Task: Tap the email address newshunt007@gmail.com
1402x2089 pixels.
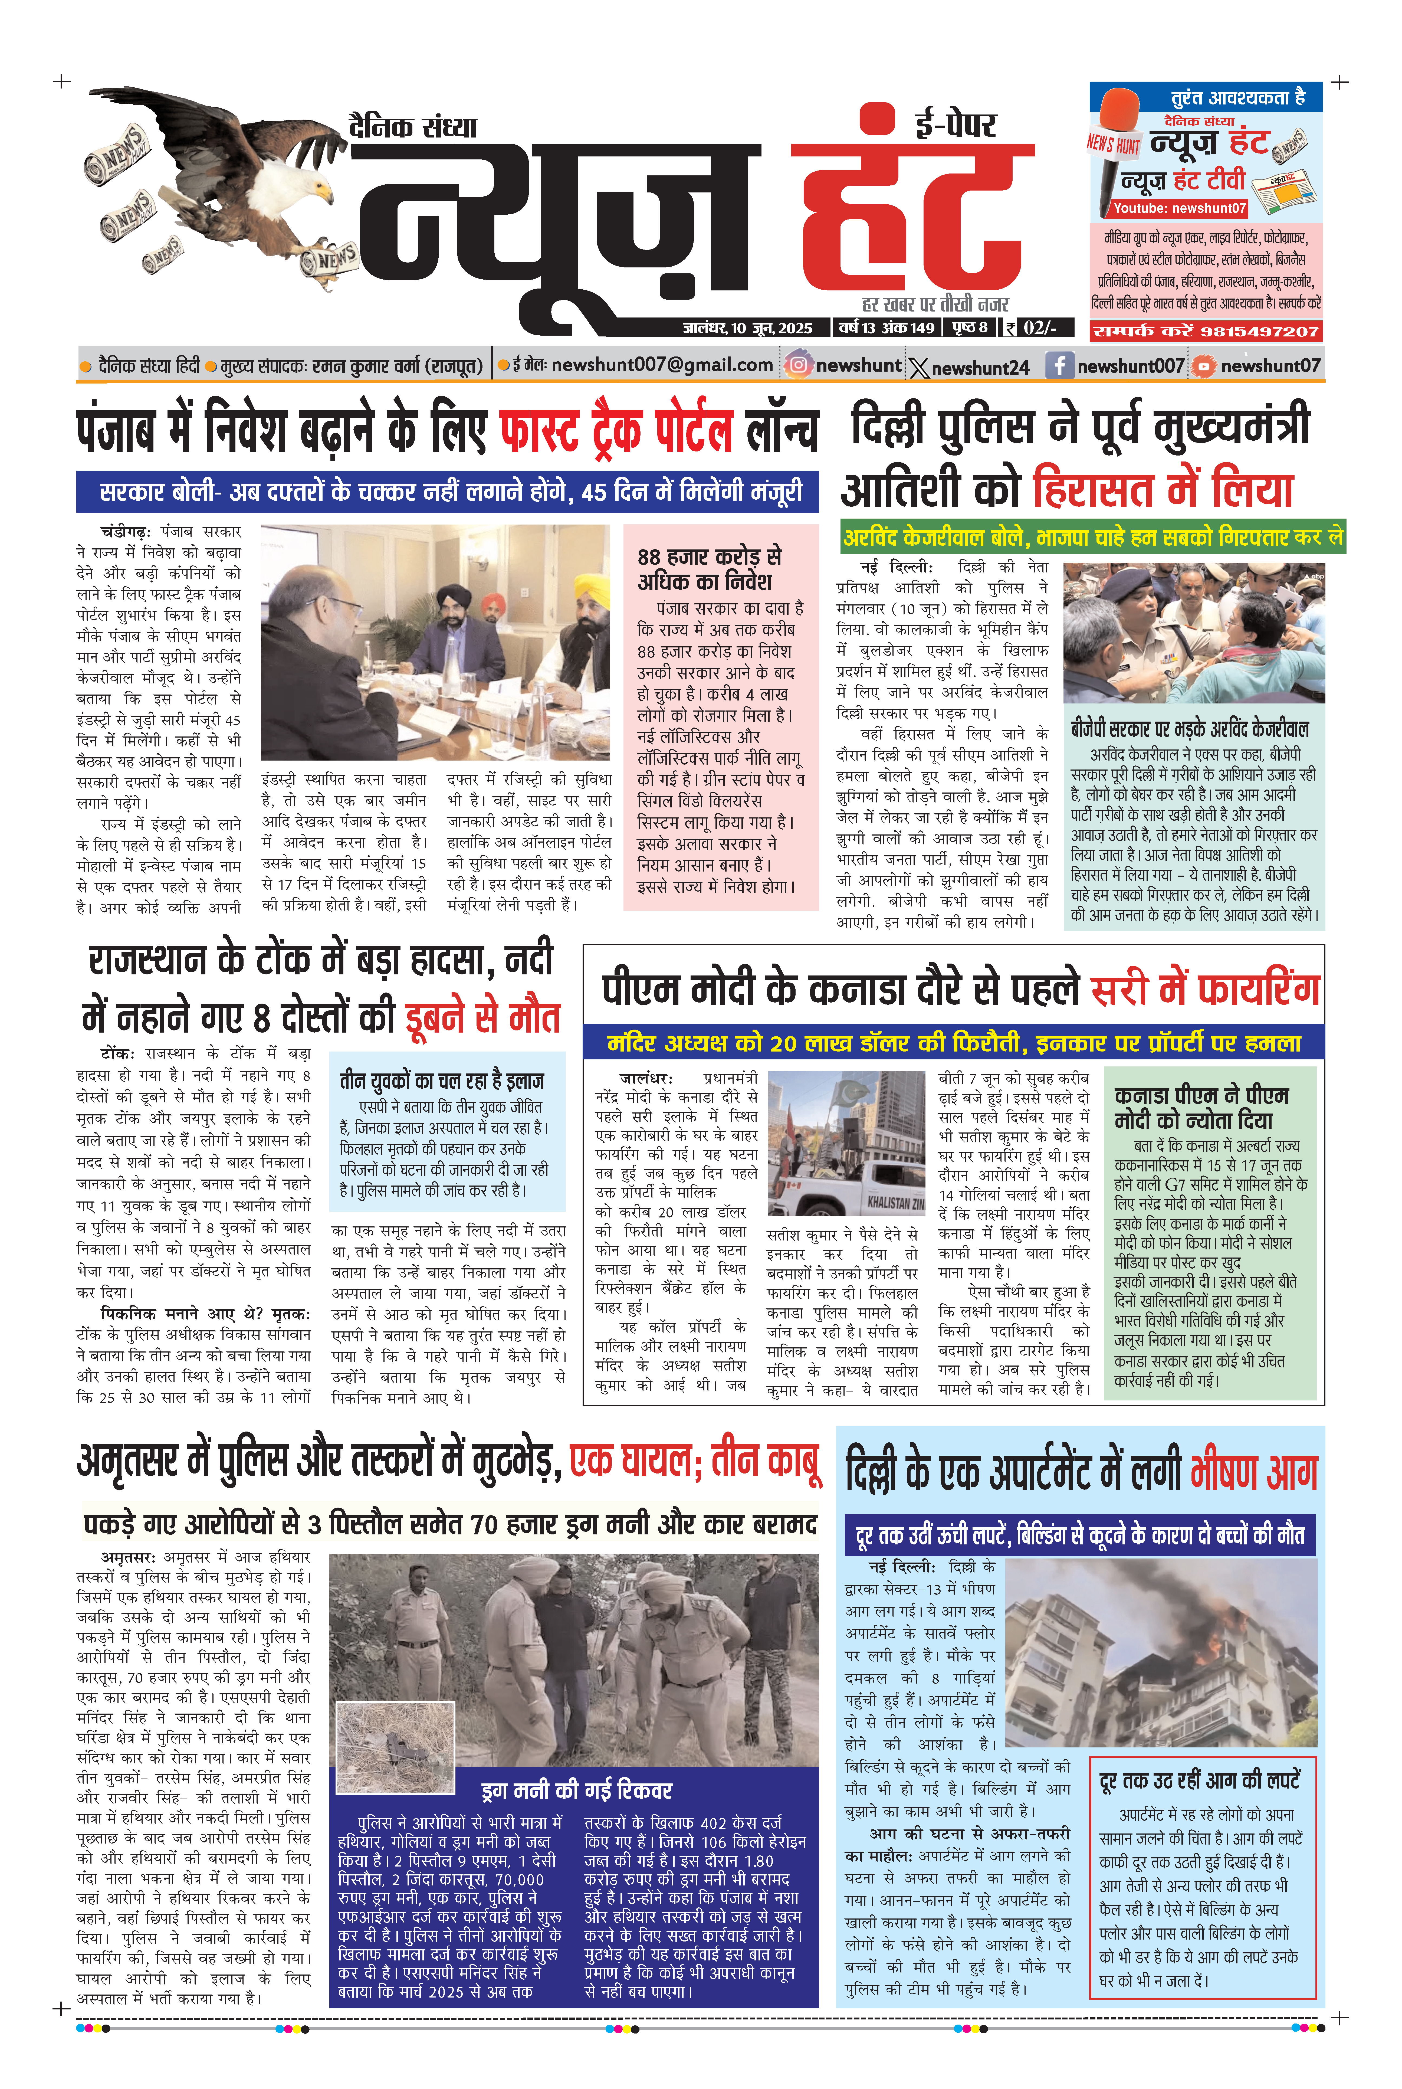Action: (x=662, y=365)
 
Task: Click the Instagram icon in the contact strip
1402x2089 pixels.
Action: (x=797, y=365)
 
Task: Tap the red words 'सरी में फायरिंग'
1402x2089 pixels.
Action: (x=1204, y=990)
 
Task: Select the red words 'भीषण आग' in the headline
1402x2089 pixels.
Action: (x=1254, y=1473)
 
